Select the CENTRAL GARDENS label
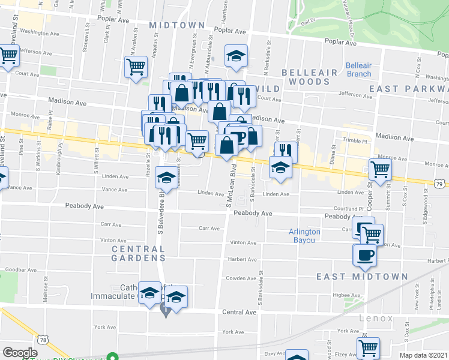coord(138,253)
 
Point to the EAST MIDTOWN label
coord(363,277)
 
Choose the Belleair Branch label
coord(358,70)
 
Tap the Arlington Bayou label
coord(304,236)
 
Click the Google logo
coord(20,353)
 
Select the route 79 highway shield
coord(440,183)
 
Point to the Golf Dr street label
coord(308,25)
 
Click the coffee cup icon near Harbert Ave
coord(364,255)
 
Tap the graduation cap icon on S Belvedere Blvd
coord(166,177)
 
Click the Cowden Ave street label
coord(241,278)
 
